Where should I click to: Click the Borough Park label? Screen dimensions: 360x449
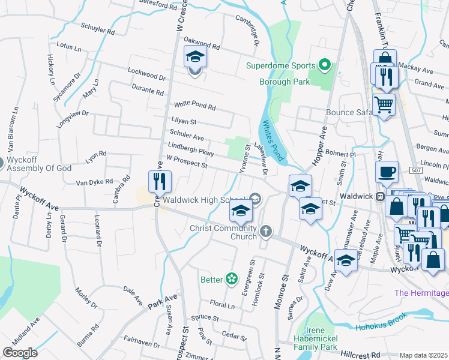pyautogui.click(x=284, y=82)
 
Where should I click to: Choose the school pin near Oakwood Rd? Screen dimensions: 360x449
pyautogui.click(x=195, y=57)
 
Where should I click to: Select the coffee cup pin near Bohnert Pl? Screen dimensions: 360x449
pyautogui.click(x=387, y=172)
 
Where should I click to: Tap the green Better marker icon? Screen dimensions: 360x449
pyautogui.click(x=231, y=279)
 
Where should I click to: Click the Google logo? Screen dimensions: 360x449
pyautogui.click(x=19, y=352)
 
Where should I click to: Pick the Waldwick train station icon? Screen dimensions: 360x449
pyautogui.click(x=380, y=196)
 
